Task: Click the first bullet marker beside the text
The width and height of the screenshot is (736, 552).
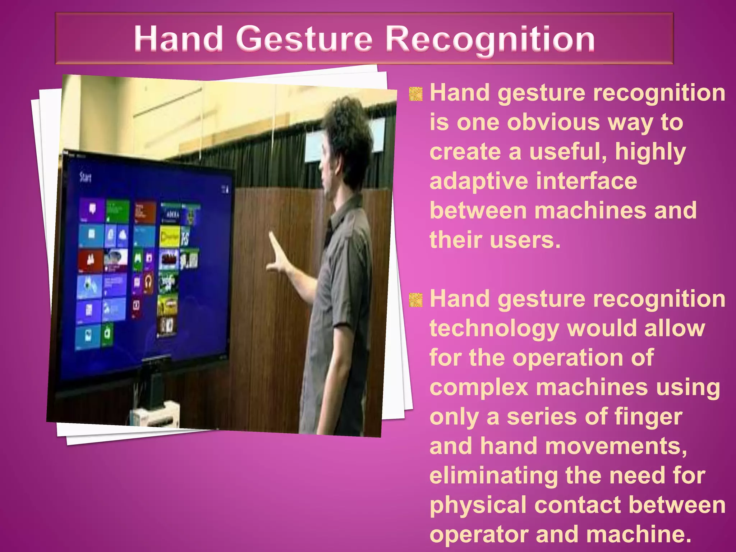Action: (x=416, y=94)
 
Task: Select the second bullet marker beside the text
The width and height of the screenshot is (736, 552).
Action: (x=416, y=300)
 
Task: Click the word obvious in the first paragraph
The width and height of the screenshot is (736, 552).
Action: (x=553, y=123)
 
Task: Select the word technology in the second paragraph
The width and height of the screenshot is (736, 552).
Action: (x=494, y=328)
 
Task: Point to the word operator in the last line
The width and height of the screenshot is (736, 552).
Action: (x=478, y=534)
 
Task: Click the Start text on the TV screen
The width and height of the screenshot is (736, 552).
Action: (x=85, y=177)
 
